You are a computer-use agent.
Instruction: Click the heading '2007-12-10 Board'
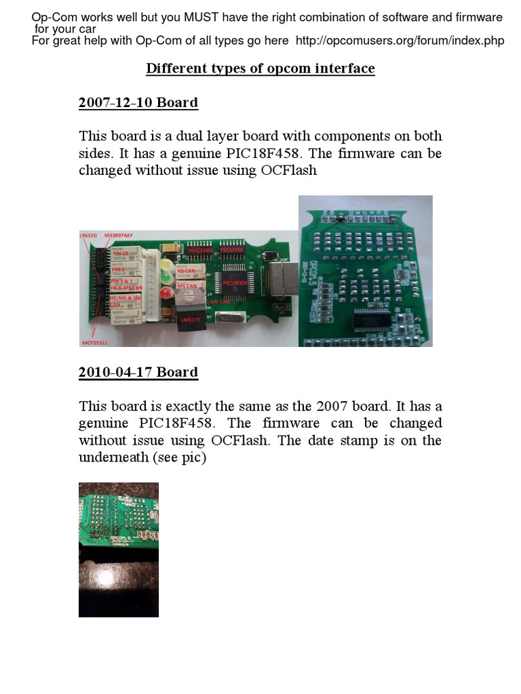tap(138, 103)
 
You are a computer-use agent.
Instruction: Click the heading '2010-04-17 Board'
tap(138, 372)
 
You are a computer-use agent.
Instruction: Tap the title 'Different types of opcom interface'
tap(260, 68)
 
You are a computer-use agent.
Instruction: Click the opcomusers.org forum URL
tap(400, 41)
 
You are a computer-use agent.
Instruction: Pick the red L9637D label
tap(90, 234)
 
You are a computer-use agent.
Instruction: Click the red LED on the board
tap(166, 292)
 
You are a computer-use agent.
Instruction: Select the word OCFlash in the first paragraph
tap(289, 170)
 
